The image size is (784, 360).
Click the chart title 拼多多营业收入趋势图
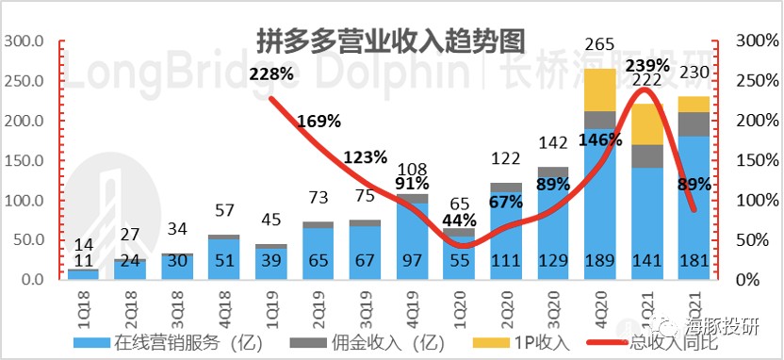pyautogui.click(x=391, y=41)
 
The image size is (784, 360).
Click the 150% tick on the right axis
pyautogui.click(x=751, y=161)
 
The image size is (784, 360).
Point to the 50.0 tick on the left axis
pyautogui.click(x=28, y=241)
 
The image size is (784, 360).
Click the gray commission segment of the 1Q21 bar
pyautogui.click(x=648, y=156)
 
